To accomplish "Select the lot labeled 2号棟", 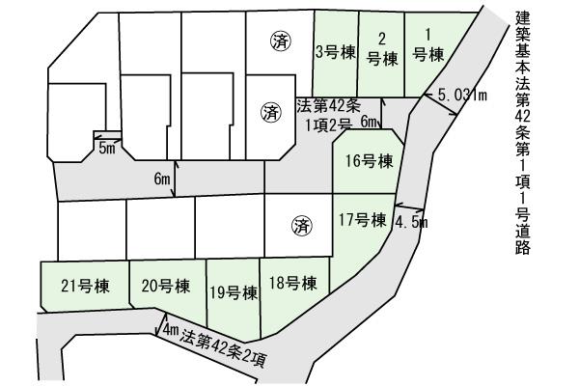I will pyautogui.click(x=382, y=48).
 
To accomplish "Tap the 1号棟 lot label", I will pyautogui.click(x=427, y=46).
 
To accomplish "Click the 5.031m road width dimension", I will pyautogui.click(x=462, y=95).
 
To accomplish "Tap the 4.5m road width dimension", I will pyautogui.click(x=412, y=222).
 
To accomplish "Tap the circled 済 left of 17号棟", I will pyautogui.click(x=301, y=227).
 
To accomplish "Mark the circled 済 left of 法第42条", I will pyautogui.click(x=269, y=112).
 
